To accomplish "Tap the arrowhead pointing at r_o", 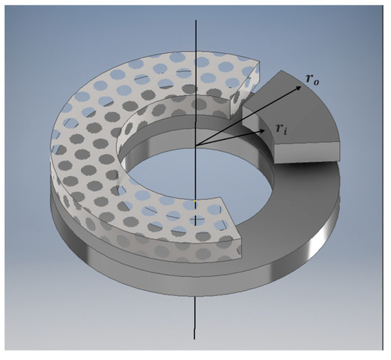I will [296, 84].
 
